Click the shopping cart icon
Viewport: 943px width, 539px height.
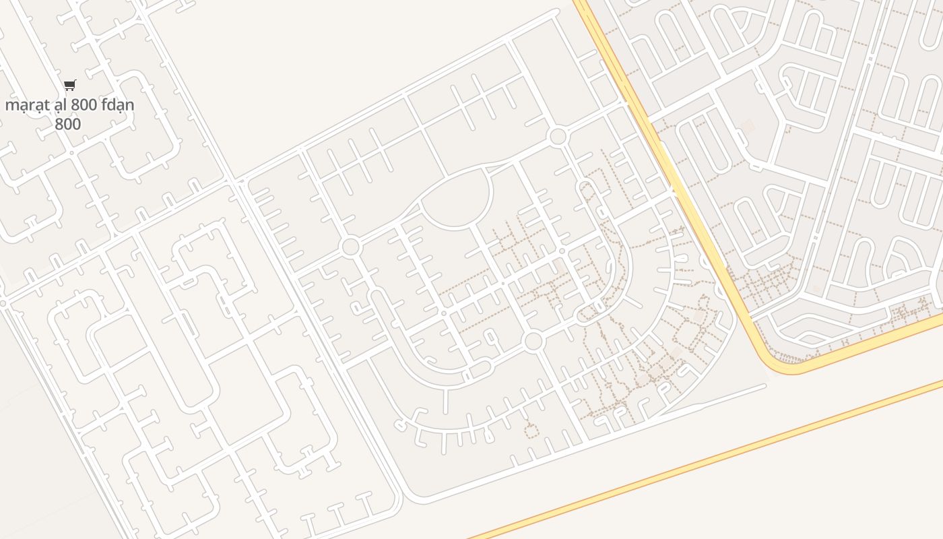(x=69, y=85)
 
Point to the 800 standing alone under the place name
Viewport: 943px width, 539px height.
(x=67, y=124)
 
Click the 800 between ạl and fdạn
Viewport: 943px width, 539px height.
(x=84, y=105)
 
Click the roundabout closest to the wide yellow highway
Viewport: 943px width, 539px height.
(x=558, y=137)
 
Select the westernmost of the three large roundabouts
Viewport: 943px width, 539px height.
(x=350, y=247)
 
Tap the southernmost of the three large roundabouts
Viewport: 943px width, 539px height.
(x=533, y=341)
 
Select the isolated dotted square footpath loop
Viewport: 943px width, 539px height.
(x=531, y=429)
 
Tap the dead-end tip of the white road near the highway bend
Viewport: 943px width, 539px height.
(x=765, y=386)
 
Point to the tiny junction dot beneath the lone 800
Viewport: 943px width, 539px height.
(x=71, y=153)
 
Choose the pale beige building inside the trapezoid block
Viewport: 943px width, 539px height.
(x=748, y=126)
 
